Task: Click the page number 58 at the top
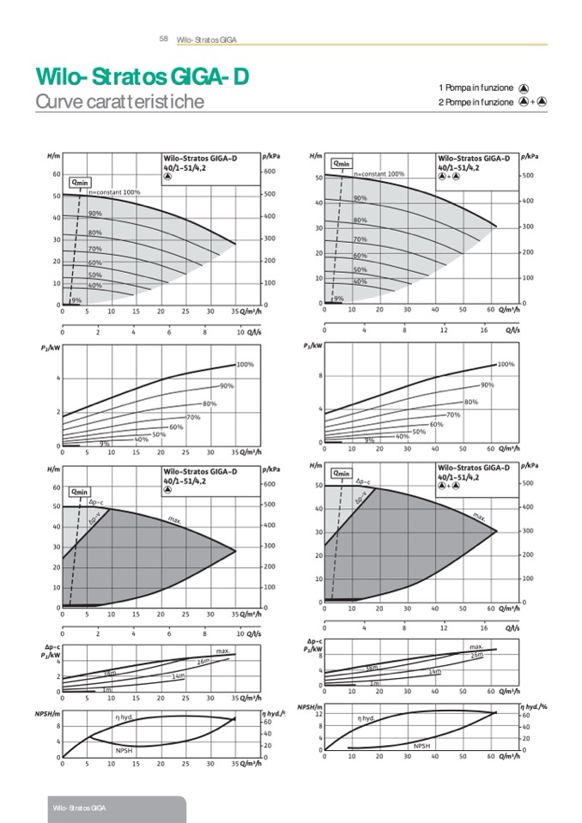[163, 39]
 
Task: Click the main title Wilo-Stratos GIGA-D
[142, 77]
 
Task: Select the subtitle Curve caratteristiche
[119, 102]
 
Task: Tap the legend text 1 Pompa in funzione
[476, 88]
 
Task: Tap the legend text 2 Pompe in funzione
[476, 102]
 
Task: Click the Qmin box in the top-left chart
[80, 181]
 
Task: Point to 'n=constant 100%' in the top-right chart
[379, 173]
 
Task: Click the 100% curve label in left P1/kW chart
[245, 365]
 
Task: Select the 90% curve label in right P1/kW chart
[487, 384]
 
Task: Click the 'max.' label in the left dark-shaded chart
[174, 520]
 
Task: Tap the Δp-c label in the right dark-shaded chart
[363, 483]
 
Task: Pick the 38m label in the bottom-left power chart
[109, 673]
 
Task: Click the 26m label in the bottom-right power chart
[476, 655]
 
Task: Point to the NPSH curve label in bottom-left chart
[124, 749]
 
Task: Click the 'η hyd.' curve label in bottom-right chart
[367, 717]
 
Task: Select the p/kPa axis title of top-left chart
[270, 156]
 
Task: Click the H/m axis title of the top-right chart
[315, 156]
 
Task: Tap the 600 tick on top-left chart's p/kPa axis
[268, 172]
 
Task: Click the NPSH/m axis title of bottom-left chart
[46, 713]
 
